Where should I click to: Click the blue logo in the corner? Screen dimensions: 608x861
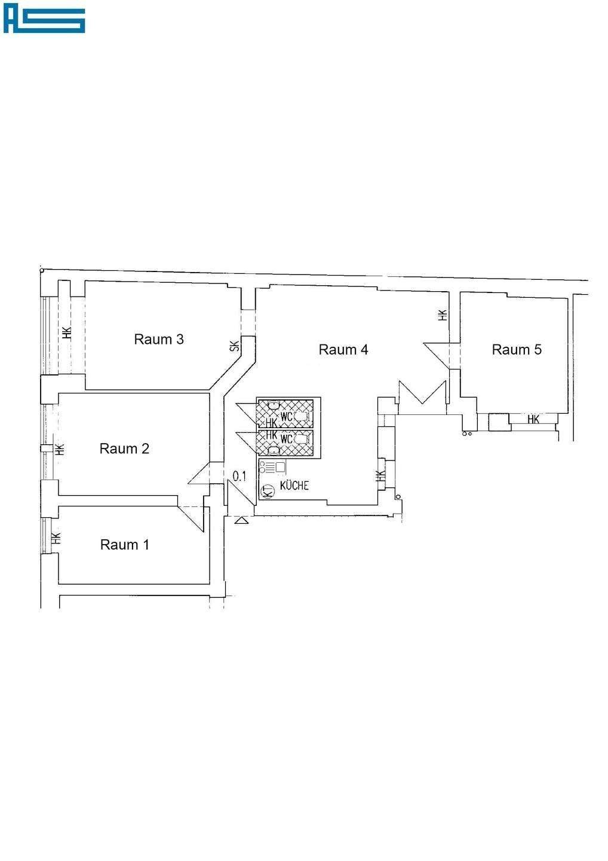point(44,20)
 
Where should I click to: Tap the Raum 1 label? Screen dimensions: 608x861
point(124,545)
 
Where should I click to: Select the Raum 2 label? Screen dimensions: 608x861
point(124,448)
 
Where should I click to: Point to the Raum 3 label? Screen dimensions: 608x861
point(158,339)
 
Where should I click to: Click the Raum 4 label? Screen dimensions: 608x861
point(343,350)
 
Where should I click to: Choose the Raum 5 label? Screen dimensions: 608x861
point(516,350)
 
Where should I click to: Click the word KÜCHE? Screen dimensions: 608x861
point(294,486)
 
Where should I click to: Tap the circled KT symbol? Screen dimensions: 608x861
point(268,491)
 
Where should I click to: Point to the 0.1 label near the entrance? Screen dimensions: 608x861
point(239,476)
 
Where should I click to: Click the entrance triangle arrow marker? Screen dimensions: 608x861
point(241,521)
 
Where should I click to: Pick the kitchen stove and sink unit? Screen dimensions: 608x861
point(273,467)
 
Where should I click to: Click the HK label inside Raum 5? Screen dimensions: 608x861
point(533,420)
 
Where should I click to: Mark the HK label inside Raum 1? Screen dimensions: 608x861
point(56,538)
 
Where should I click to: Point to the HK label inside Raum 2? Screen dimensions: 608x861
point(59,449)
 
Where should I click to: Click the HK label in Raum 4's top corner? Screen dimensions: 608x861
point(442,315)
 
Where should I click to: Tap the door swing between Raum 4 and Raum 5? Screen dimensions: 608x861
point(440,353)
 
